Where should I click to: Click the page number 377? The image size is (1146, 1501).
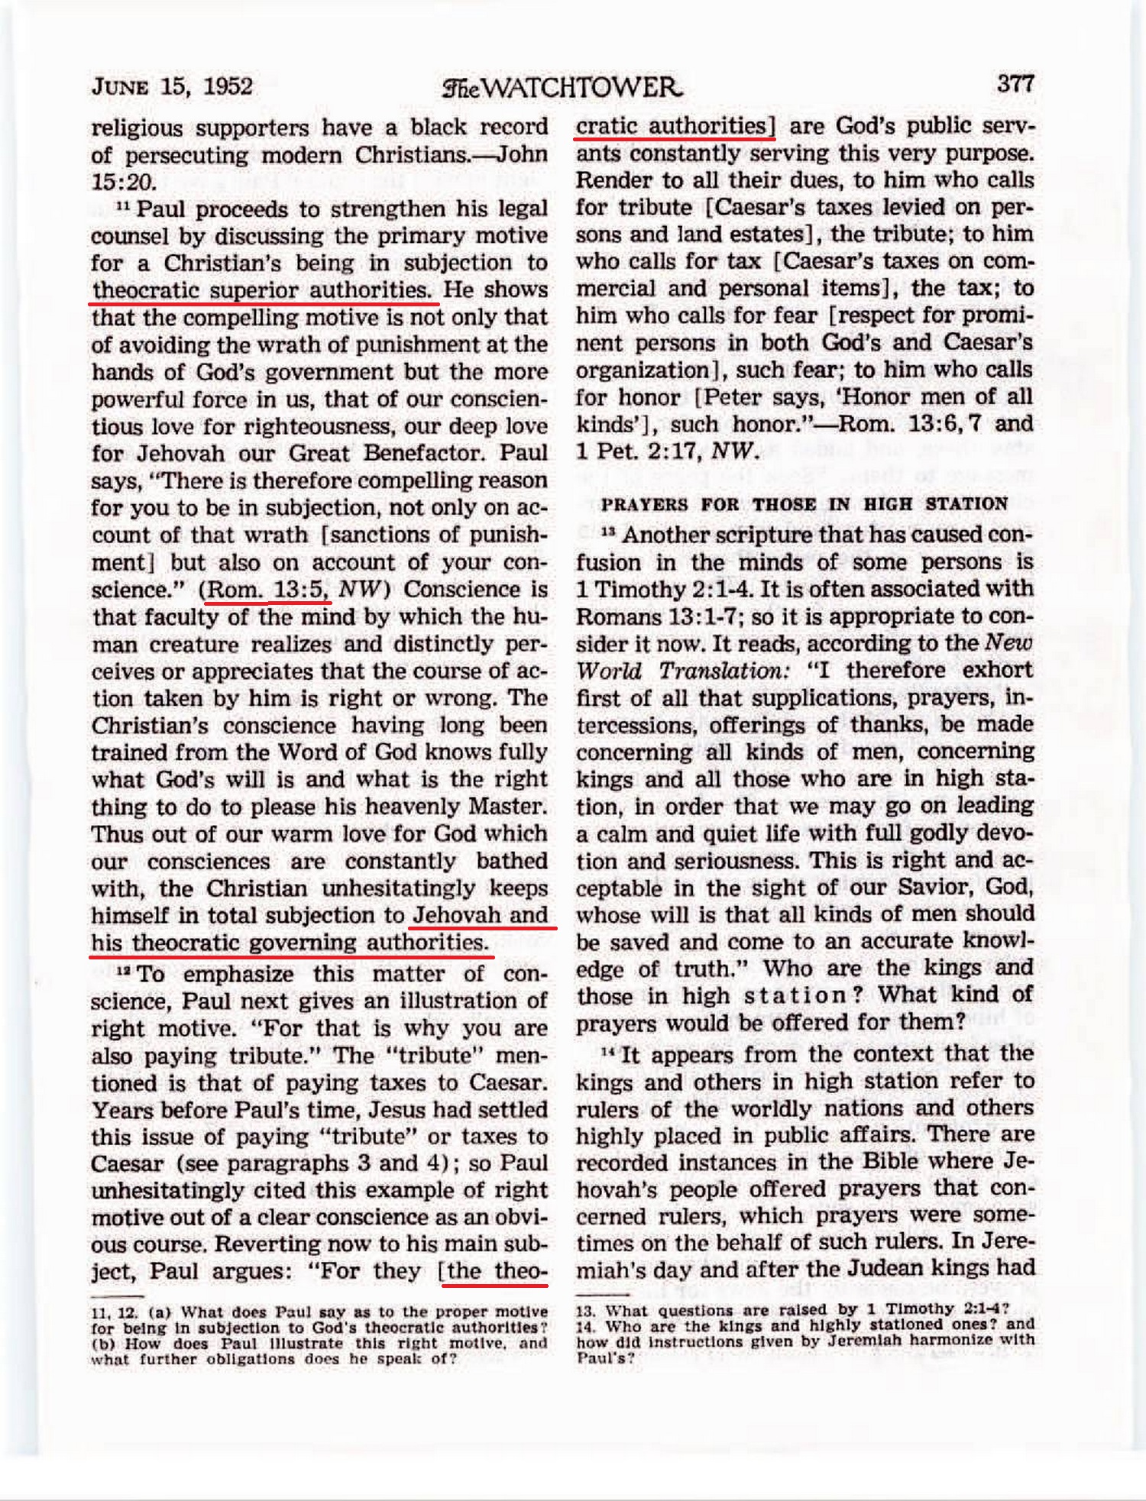pos(1015,83)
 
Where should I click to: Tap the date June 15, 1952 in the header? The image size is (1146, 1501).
pos(172,86)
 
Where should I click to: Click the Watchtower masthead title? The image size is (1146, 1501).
pos(562,88)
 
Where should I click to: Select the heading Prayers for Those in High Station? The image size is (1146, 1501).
pos(804,504)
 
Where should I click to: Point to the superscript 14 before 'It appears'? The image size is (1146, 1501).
pos(608,1052)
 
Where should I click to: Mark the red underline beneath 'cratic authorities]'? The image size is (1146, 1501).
pos(675,139)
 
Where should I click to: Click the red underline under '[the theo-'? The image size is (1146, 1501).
pos(495,1285)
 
